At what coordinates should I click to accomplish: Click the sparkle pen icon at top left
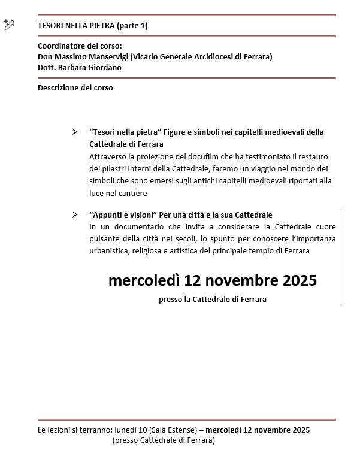pyautogui.click(x=8, y=24)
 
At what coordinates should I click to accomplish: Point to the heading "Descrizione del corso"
pyautogui.click(x=75, y=87)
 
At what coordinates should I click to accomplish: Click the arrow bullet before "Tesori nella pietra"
pyautogui.click(x=75, y=132)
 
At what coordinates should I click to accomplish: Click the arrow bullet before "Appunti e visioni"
pyautogui.click(x=75, y=215)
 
